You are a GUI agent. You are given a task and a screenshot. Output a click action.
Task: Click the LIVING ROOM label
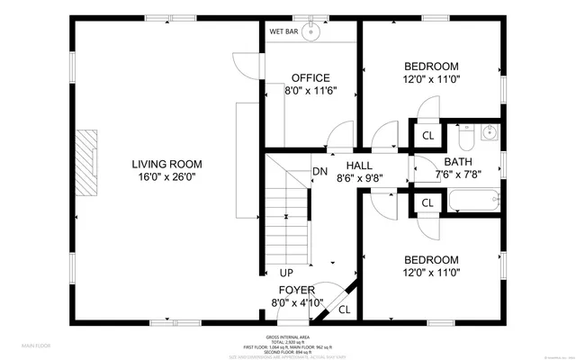click(x=166, y=164)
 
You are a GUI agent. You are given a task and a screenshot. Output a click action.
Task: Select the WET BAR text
click(x=283, y=31)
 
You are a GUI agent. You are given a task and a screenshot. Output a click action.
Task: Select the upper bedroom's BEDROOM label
click(x=431, y=67)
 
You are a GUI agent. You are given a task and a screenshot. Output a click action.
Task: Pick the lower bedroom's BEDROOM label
click(x=431, y=259)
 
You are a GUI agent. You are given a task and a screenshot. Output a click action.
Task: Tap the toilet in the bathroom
click(x=465, y=138)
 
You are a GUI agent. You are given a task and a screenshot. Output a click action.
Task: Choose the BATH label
click(x=457, y=163)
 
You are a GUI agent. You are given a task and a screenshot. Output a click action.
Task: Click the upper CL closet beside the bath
click(x=427, y=136)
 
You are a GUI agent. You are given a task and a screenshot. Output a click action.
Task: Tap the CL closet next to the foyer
click(x=344, y=310)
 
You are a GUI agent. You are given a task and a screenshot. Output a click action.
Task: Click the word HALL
click(x=360, y=166)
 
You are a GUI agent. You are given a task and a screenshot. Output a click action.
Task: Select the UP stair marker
click(x=286, y=273)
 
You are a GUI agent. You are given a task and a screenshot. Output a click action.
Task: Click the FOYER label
click(x=296, y=290)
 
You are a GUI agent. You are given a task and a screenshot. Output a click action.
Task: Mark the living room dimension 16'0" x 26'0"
click(x=166, y=177)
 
